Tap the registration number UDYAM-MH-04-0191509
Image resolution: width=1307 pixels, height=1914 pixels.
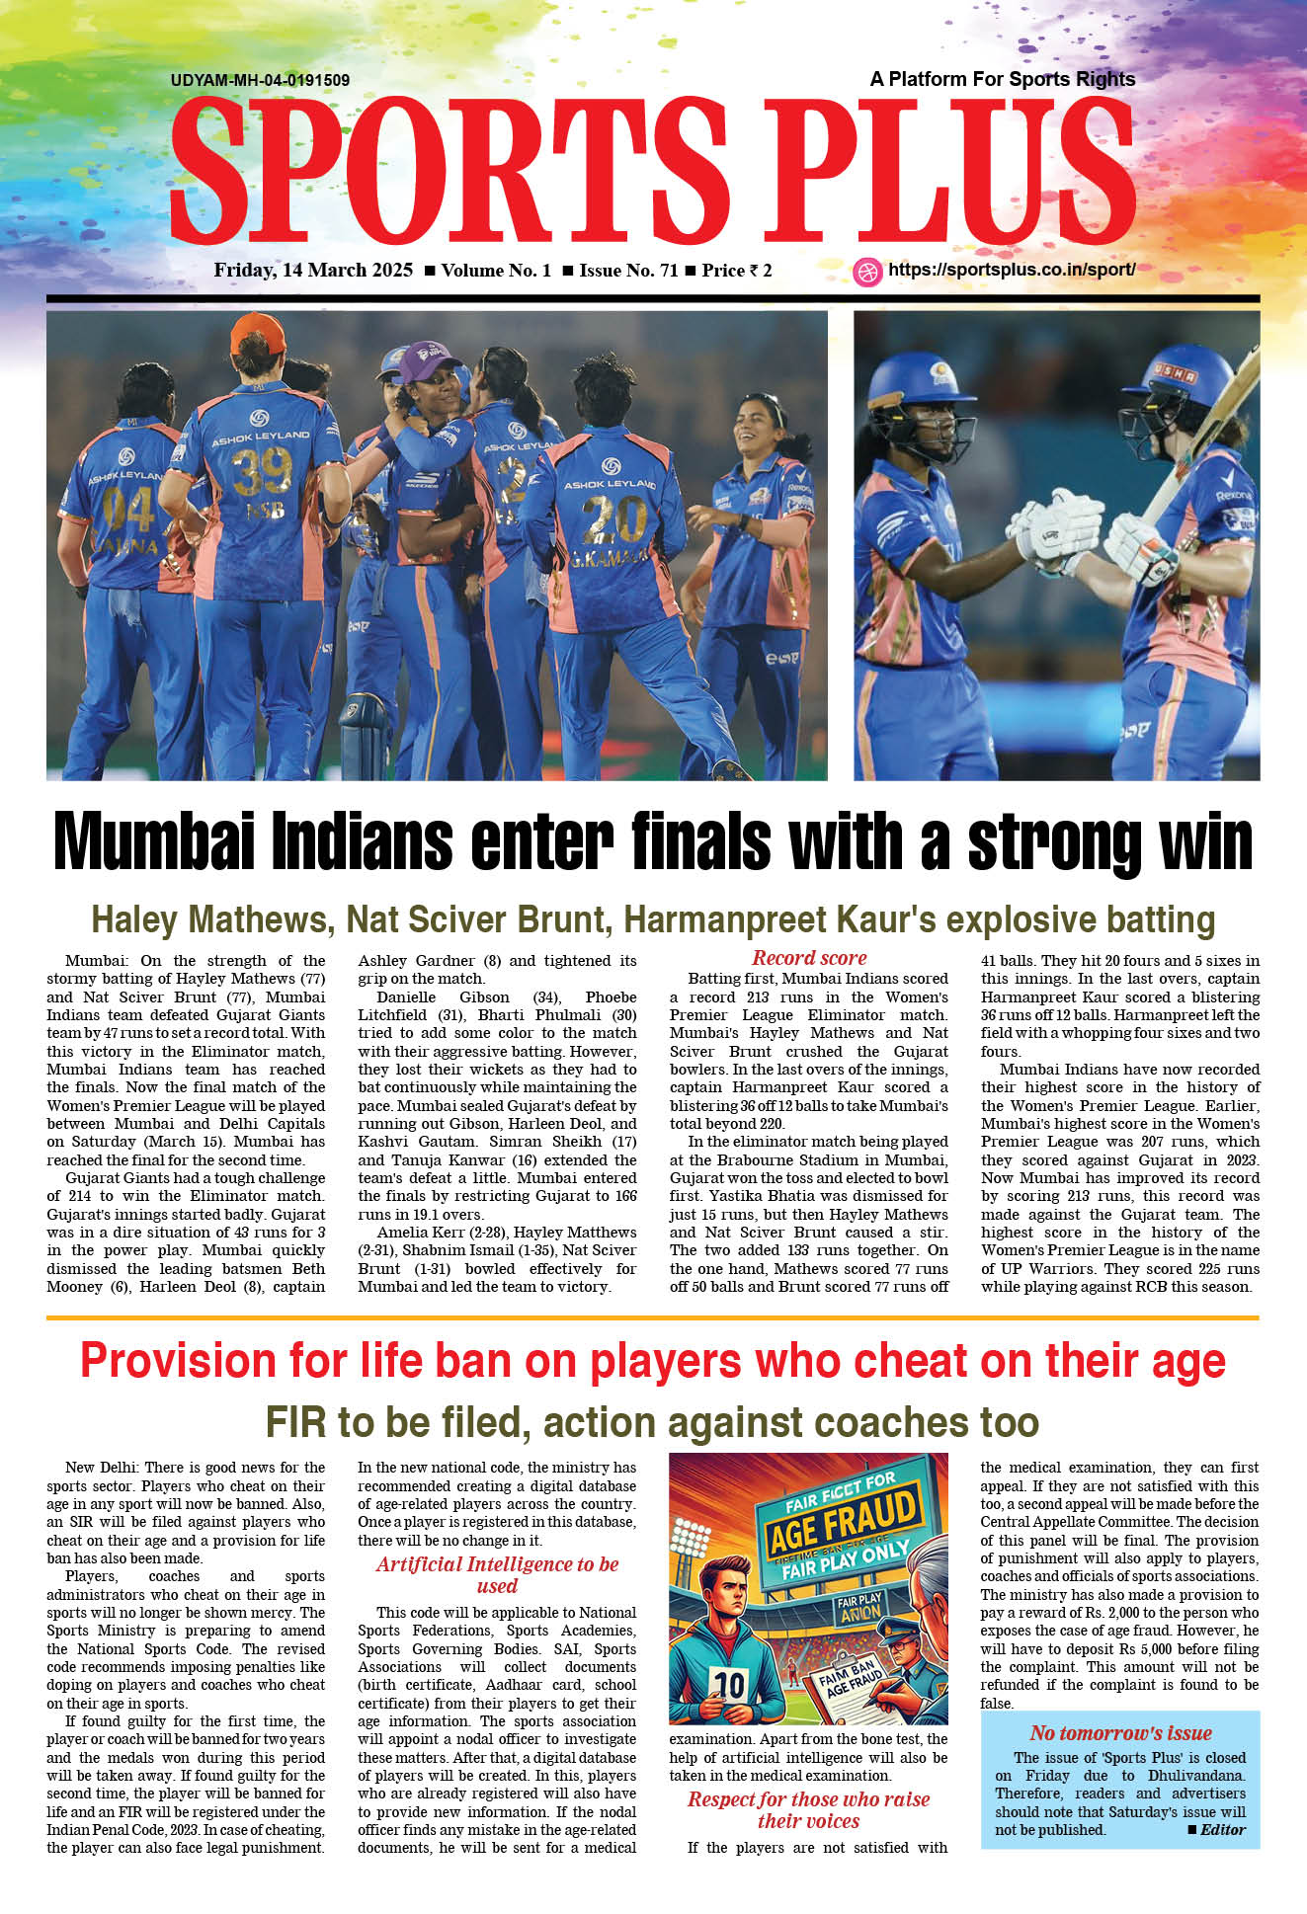(260, 80)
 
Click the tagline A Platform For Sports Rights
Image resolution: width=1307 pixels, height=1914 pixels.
(1002, 79)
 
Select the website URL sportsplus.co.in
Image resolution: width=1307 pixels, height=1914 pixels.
(1011, 270)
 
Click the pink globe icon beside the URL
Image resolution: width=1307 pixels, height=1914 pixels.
(867, 272)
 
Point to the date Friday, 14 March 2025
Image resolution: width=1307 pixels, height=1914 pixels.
(313, 271)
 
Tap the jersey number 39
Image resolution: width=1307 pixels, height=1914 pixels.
(262, 471)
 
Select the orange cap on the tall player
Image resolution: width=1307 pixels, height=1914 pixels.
(257, 334)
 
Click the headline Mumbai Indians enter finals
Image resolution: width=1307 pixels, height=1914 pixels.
(652, 842)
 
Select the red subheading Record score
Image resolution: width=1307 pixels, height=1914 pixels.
(809, 958)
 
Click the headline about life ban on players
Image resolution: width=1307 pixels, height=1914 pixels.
(652, 1361)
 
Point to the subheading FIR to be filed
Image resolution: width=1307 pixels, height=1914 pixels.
(652, 1422)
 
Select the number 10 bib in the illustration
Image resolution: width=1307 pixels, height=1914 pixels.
(729, 1684)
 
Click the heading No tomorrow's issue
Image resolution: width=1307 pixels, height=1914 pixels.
(1120, 1733)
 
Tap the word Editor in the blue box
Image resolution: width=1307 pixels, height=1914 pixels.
(1223, 1830)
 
